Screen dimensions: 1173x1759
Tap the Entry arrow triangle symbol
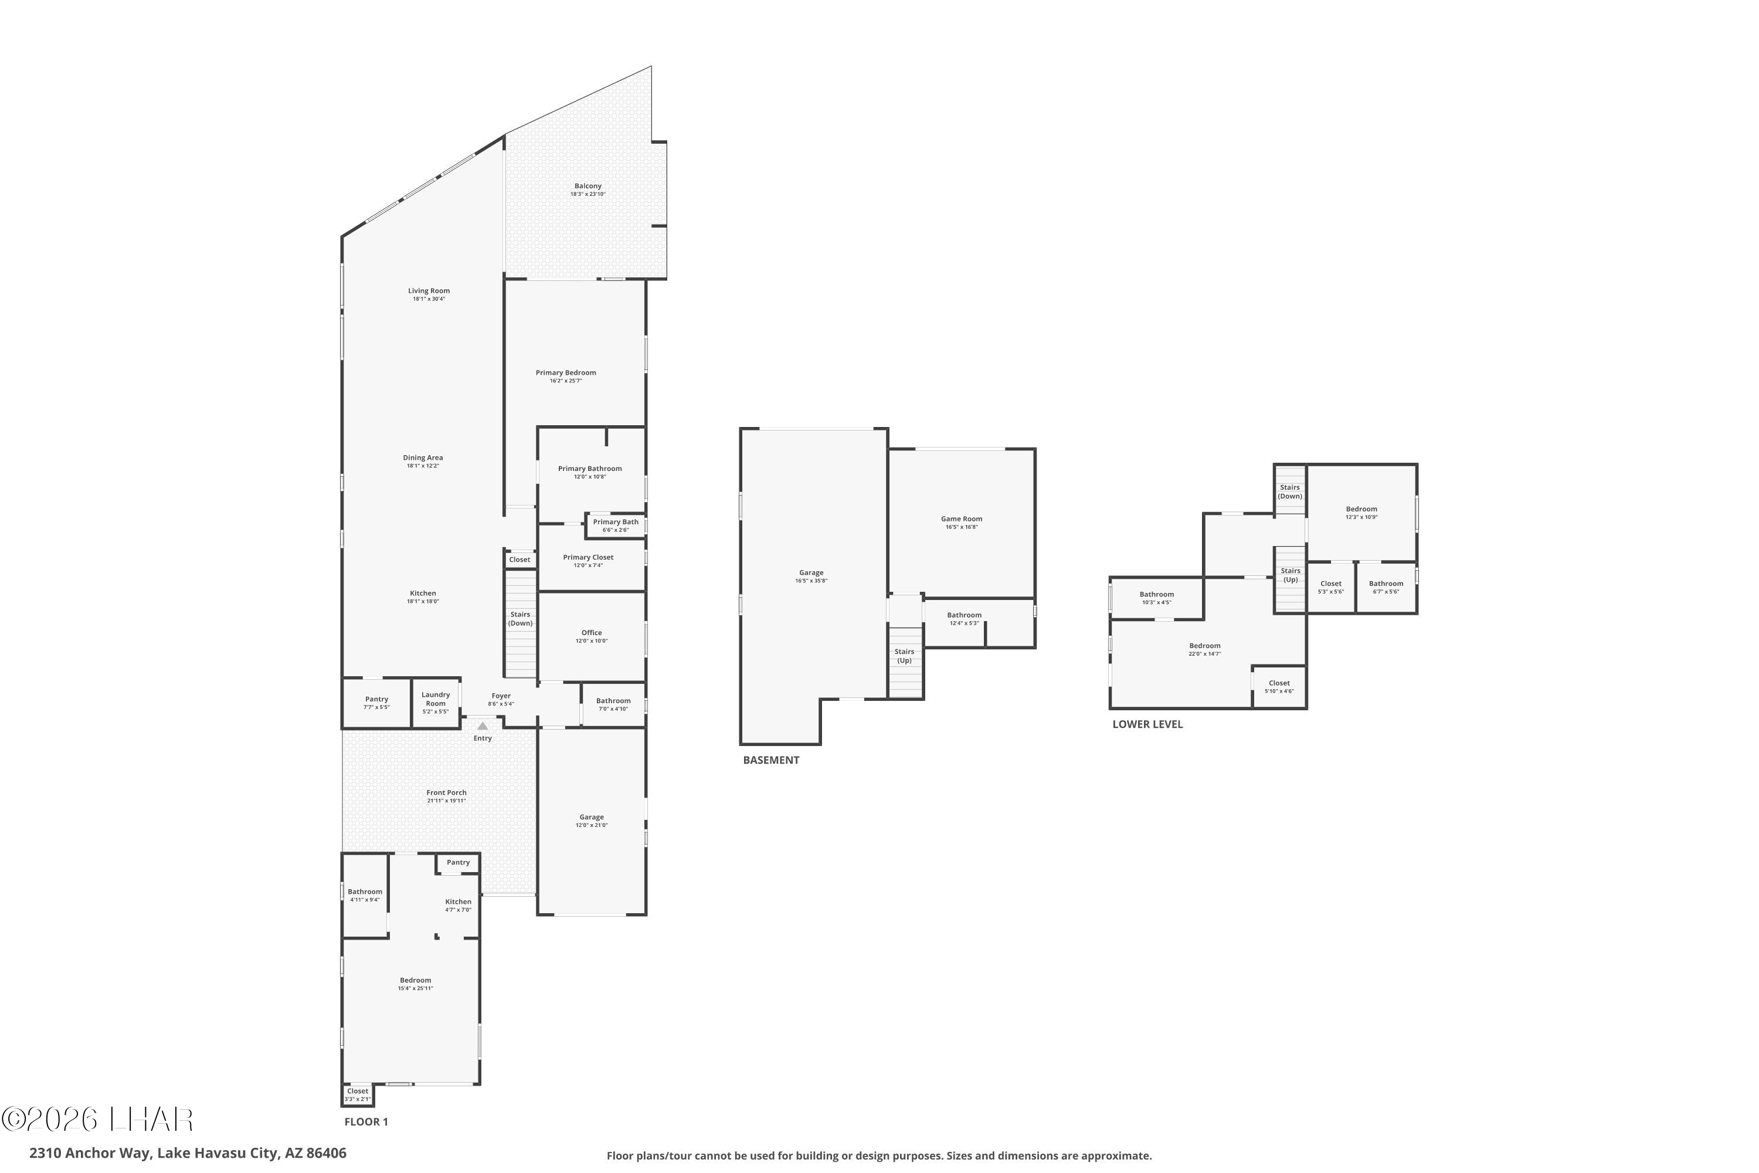click(x=483, y=726)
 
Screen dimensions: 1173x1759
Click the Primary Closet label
click(x=588, y=557)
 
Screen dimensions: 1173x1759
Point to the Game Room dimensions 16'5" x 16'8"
click(x=961, y=527)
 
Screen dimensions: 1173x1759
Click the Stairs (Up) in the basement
click(x=904, y=656)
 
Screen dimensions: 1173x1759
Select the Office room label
click(x=592, y=633)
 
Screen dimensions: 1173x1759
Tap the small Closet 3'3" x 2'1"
click(x=358, y=1094)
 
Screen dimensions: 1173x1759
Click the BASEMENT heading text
click(x=771, y=760)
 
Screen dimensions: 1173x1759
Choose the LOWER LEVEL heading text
click(x=1147, y=724)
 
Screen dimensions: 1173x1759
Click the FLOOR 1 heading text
click(x=366, y=1121)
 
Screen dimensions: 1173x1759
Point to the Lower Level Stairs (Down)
click(x=1289, y=491)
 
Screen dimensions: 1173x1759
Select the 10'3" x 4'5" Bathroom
click(x=1156, y=598)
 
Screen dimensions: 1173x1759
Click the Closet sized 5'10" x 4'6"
click(x=1279, y=686)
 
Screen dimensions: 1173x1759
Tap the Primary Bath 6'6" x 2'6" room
click(x=616, y=525)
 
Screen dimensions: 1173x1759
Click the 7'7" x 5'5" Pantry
click(x=376, y=703)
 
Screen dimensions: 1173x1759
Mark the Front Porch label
click(x=446, y=792)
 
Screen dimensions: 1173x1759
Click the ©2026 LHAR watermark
click(x=97, y=1119)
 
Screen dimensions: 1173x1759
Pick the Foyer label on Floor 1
click(x=501, y=696)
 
